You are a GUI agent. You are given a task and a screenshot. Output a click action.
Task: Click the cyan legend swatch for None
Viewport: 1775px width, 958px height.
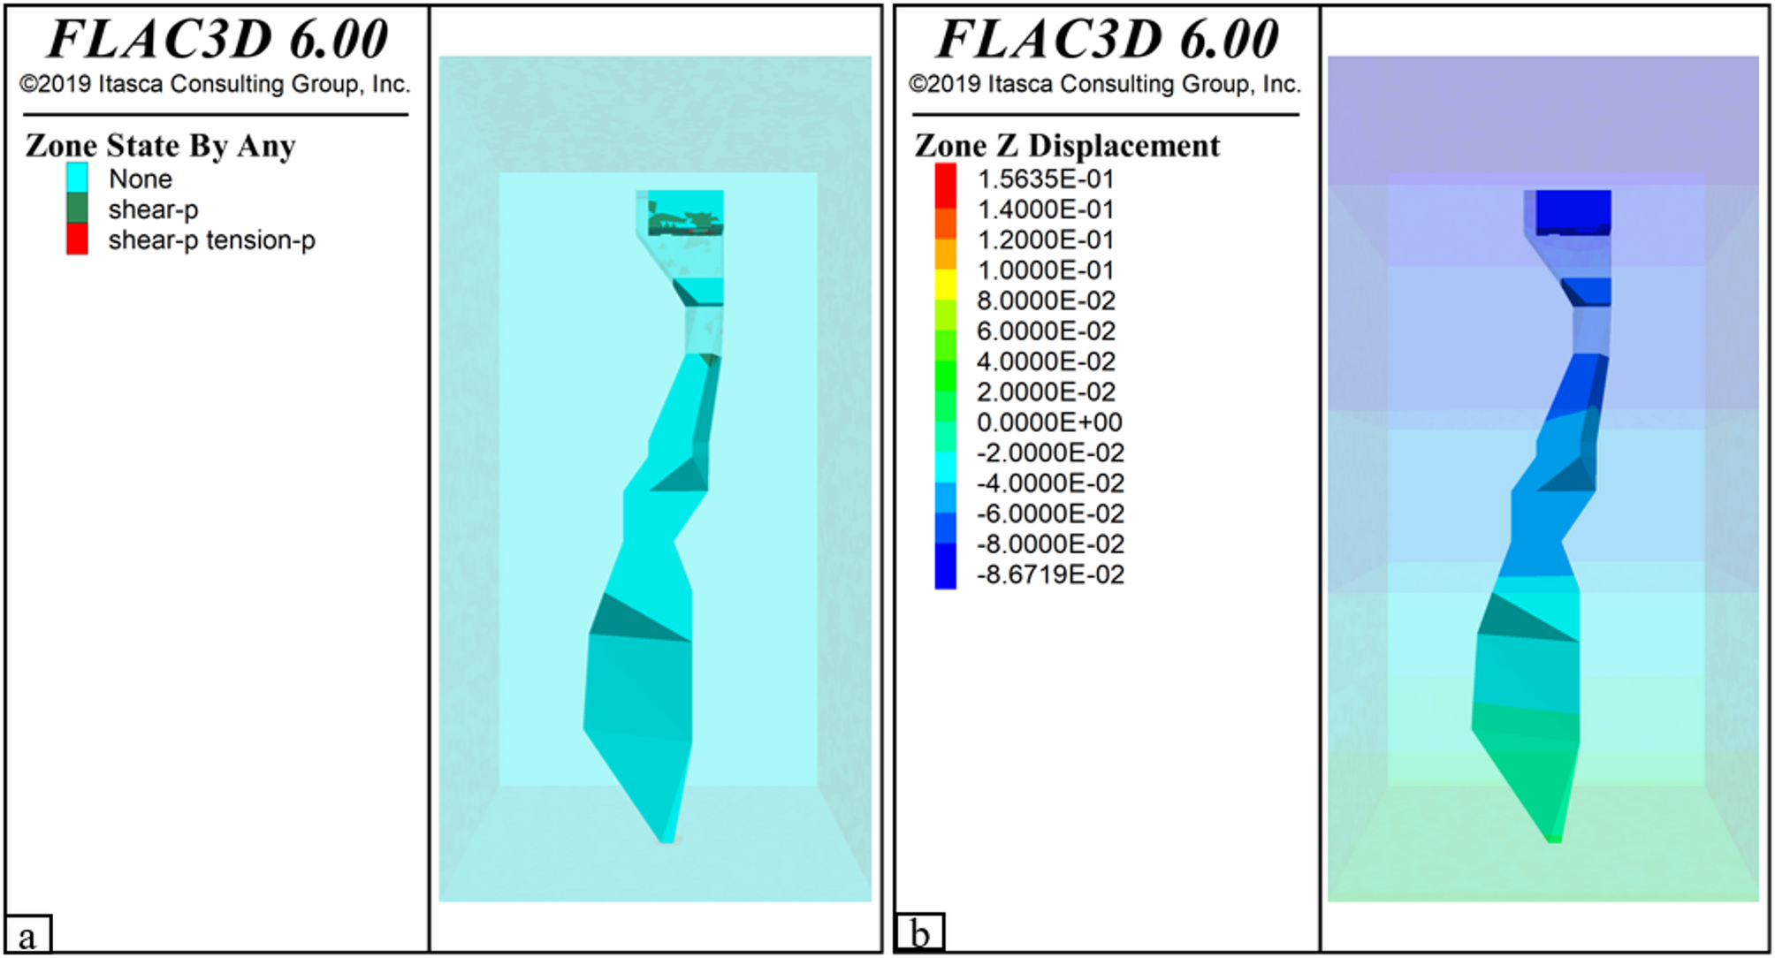coord(77,178)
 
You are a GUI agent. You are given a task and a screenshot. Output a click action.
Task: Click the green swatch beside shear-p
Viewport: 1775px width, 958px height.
coord(77,209)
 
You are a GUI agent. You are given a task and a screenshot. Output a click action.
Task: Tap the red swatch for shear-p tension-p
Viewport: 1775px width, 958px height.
coord(77,239)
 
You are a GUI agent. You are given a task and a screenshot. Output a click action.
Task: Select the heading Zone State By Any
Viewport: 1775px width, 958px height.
coord(160,146)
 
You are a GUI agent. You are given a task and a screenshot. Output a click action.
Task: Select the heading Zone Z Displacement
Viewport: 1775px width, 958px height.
coord(1067,146)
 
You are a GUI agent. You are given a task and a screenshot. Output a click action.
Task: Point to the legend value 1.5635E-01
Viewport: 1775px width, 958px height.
coord(1045,179)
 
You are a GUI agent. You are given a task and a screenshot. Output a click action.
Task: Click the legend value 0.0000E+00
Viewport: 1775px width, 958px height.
coord(1048,422)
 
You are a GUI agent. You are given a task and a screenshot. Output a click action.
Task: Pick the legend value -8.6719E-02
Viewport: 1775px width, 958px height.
coord(1049,574)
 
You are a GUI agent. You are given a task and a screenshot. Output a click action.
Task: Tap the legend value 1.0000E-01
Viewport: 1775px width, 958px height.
coord(1045,270)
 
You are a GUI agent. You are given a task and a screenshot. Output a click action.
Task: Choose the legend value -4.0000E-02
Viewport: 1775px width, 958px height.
coord(1049,483)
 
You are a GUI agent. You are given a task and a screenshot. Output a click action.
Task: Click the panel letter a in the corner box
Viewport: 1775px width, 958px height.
coord(27,936)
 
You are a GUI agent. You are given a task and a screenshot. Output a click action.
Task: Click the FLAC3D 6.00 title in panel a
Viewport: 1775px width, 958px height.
coord(217,40)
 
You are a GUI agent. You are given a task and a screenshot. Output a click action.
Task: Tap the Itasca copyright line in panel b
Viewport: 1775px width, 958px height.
coord(1105,84)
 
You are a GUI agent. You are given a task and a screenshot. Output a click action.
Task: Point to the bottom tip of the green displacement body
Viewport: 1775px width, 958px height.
coord(1554,838)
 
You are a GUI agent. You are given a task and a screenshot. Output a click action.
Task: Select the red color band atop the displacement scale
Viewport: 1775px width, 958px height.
coord(945,179)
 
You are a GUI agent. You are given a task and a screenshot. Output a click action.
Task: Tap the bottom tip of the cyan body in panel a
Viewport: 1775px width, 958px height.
coord(667,838)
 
